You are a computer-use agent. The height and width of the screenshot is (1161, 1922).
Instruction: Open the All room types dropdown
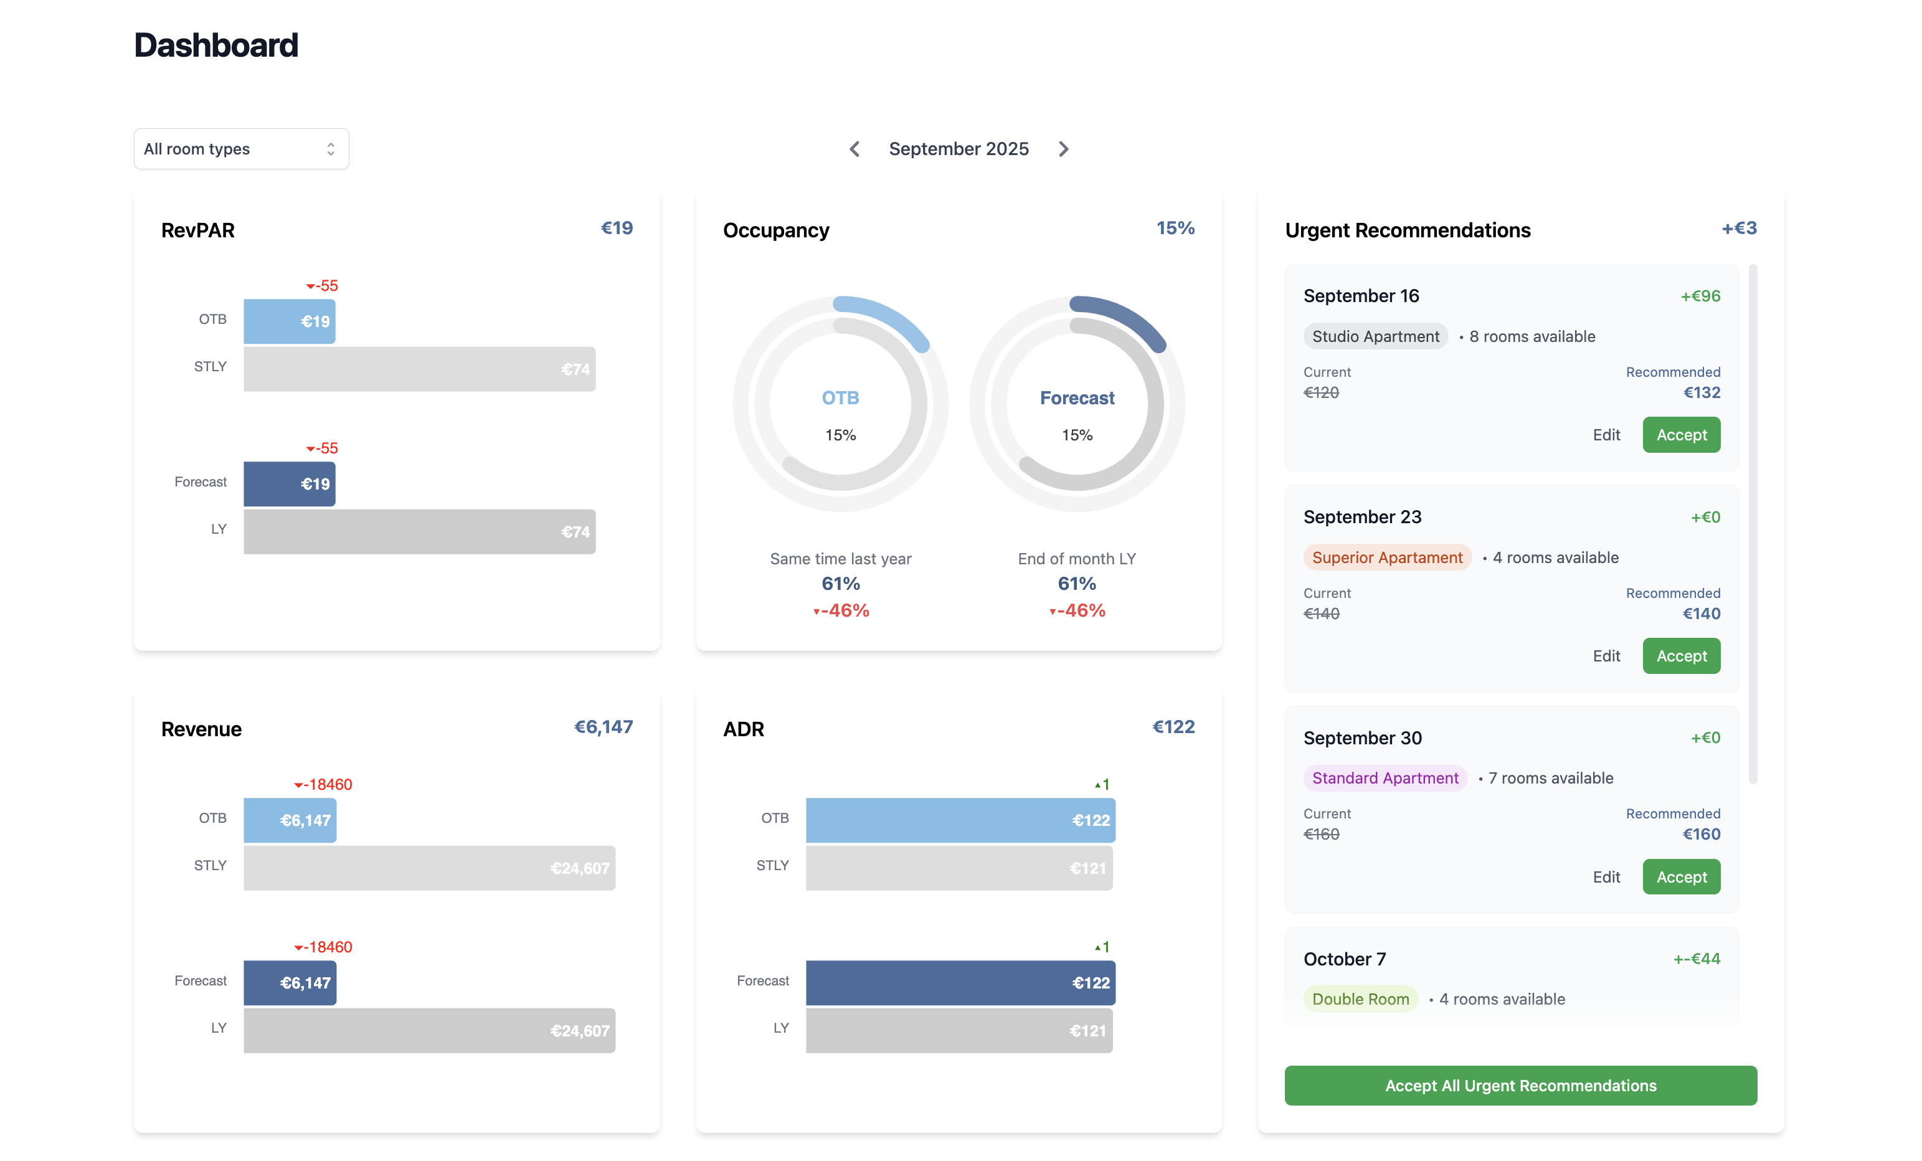click(x=241, y=149)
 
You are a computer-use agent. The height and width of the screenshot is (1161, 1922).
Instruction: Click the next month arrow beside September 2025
click(x=1064, y=149)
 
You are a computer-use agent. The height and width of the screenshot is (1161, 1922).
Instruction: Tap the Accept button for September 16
click(x=1681, y=435)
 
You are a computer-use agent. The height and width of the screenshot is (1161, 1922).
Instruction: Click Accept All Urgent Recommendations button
click(x=1520, y=1085)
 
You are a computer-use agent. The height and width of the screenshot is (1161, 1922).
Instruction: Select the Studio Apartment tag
click(x=1375, y=336)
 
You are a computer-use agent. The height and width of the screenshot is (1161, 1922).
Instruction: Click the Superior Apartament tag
click(x=1387, y=557)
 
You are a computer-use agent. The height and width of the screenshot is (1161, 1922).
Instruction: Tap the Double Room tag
click(x=1360, y=998)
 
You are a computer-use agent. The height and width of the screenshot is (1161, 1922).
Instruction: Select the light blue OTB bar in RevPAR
click(x=290, y=321)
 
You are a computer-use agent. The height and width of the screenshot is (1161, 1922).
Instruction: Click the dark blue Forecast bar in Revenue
click(x=290, y=983)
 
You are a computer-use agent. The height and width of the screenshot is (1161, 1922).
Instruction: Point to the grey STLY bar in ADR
click(x=959, y=868)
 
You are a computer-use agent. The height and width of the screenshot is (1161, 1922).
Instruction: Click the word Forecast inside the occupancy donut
click(x=1077, y=398)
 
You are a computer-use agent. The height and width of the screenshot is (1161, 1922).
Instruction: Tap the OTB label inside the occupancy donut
click(x=840, y=398)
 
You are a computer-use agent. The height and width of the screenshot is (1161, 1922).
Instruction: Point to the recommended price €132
click(x=1702, y=392)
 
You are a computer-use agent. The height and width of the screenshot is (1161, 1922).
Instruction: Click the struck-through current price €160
click(x=1322, y=834)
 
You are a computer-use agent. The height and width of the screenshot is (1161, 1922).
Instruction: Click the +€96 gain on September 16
click(x=1700, y=296)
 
